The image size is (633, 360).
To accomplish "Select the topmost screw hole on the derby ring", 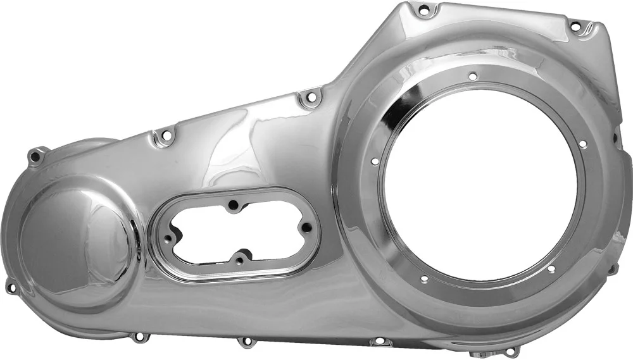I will [x=473, y=76].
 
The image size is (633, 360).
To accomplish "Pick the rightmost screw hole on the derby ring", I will [x=582, y=144].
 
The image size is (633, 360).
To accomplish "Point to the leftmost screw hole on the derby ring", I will [x=375, y=162].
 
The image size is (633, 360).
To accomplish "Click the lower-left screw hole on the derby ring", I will [x=423, y=279].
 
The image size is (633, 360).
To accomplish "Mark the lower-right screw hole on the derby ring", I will [x=551, y=269].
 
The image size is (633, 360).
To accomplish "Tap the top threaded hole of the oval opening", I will [x=234, y=204].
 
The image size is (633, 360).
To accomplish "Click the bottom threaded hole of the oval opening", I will [x=239, y=260].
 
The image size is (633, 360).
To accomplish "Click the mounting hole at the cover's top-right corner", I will [x=575, y=27].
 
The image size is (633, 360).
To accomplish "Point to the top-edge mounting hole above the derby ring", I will [x=423, y=9].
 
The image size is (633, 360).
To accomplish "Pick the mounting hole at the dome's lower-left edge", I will [x=11, y=287].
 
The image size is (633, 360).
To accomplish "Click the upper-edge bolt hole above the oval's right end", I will [x=309, y=97].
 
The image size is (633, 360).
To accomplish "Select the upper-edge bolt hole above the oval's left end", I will [x=166, y=134].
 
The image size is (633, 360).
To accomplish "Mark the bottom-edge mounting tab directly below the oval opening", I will [x=246, y=342].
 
